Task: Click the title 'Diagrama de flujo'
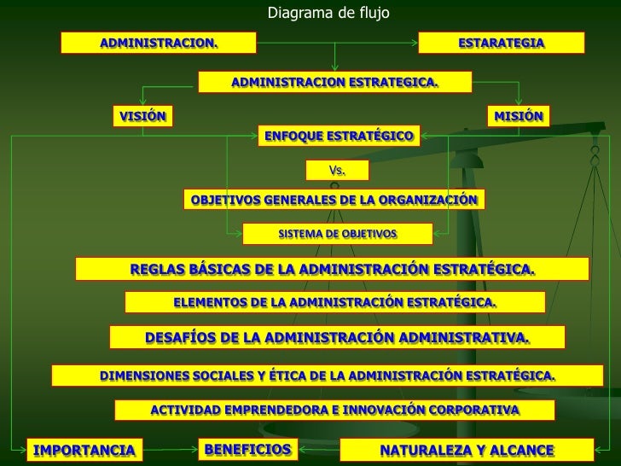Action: [328, 13]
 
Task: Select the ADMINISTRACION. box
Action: [159, 43]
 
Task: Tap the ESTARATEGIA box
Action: [501, 43]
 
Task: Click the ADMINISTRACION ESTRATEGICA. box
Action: [334, 82]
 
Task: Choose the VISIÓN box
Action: [142, 116]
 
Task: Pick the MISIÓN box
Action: [518, 116]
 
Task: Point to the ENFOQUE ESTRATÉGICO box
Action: [338, 136]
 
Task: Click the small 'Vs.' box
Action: [338, 171]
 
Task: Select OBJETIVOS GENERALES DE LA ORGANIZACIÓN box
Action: [334, 200]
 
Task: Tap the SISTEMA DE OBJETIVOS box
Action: [338, 232]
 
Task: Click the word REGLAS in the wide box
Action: [157, 270]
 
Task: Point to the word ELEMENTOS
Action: [210, 302]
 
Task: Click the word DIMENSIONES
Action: [144, 375]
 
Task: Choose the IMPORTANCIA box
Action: [84, 450]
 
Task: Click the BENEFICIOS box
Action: [247, 449]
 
